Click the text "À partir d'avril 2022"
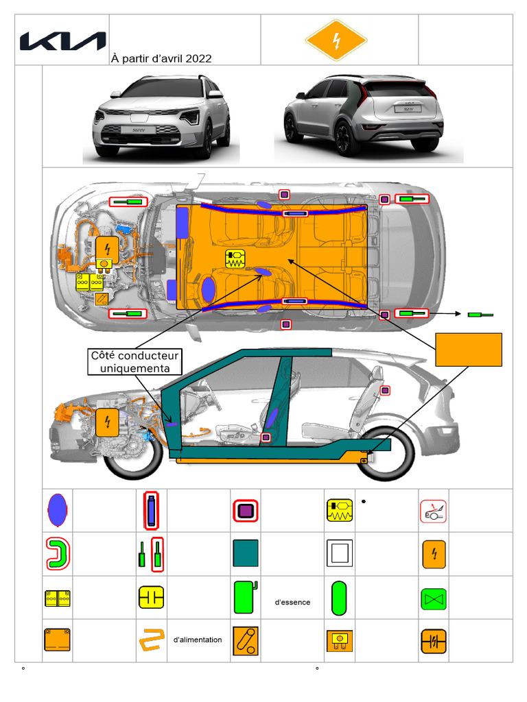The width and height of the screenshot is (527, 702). [x=161, y=59]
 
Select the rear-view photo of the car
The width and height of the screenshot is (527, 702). [x=364, y=117]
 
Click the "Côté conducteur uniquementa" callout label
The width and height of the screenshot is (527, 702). [x=135, y=362]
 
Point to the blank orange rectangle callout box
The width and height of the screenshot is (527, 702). [x=469, y=350]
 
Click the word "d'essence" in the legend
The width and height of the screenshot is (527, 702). [x=292, y=603]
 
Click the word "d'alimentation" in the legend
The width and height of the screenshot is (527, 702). [x=198, y=640]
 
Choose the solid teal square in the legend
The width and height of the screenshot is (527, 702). [x=246, y=553]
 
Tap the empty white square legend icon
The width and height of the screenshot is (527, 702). [x=339, y=553]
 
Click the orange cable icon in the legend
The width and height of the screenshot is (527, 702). [x=152, y=640]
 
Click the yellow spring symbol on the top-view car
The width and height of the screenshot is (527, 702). [x=235, y=258]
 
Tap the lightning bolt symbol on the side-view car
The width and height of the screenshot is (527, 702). [x=106, y=421]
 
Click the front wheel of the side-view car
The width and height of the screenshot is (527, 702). [x=132, y=454]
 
